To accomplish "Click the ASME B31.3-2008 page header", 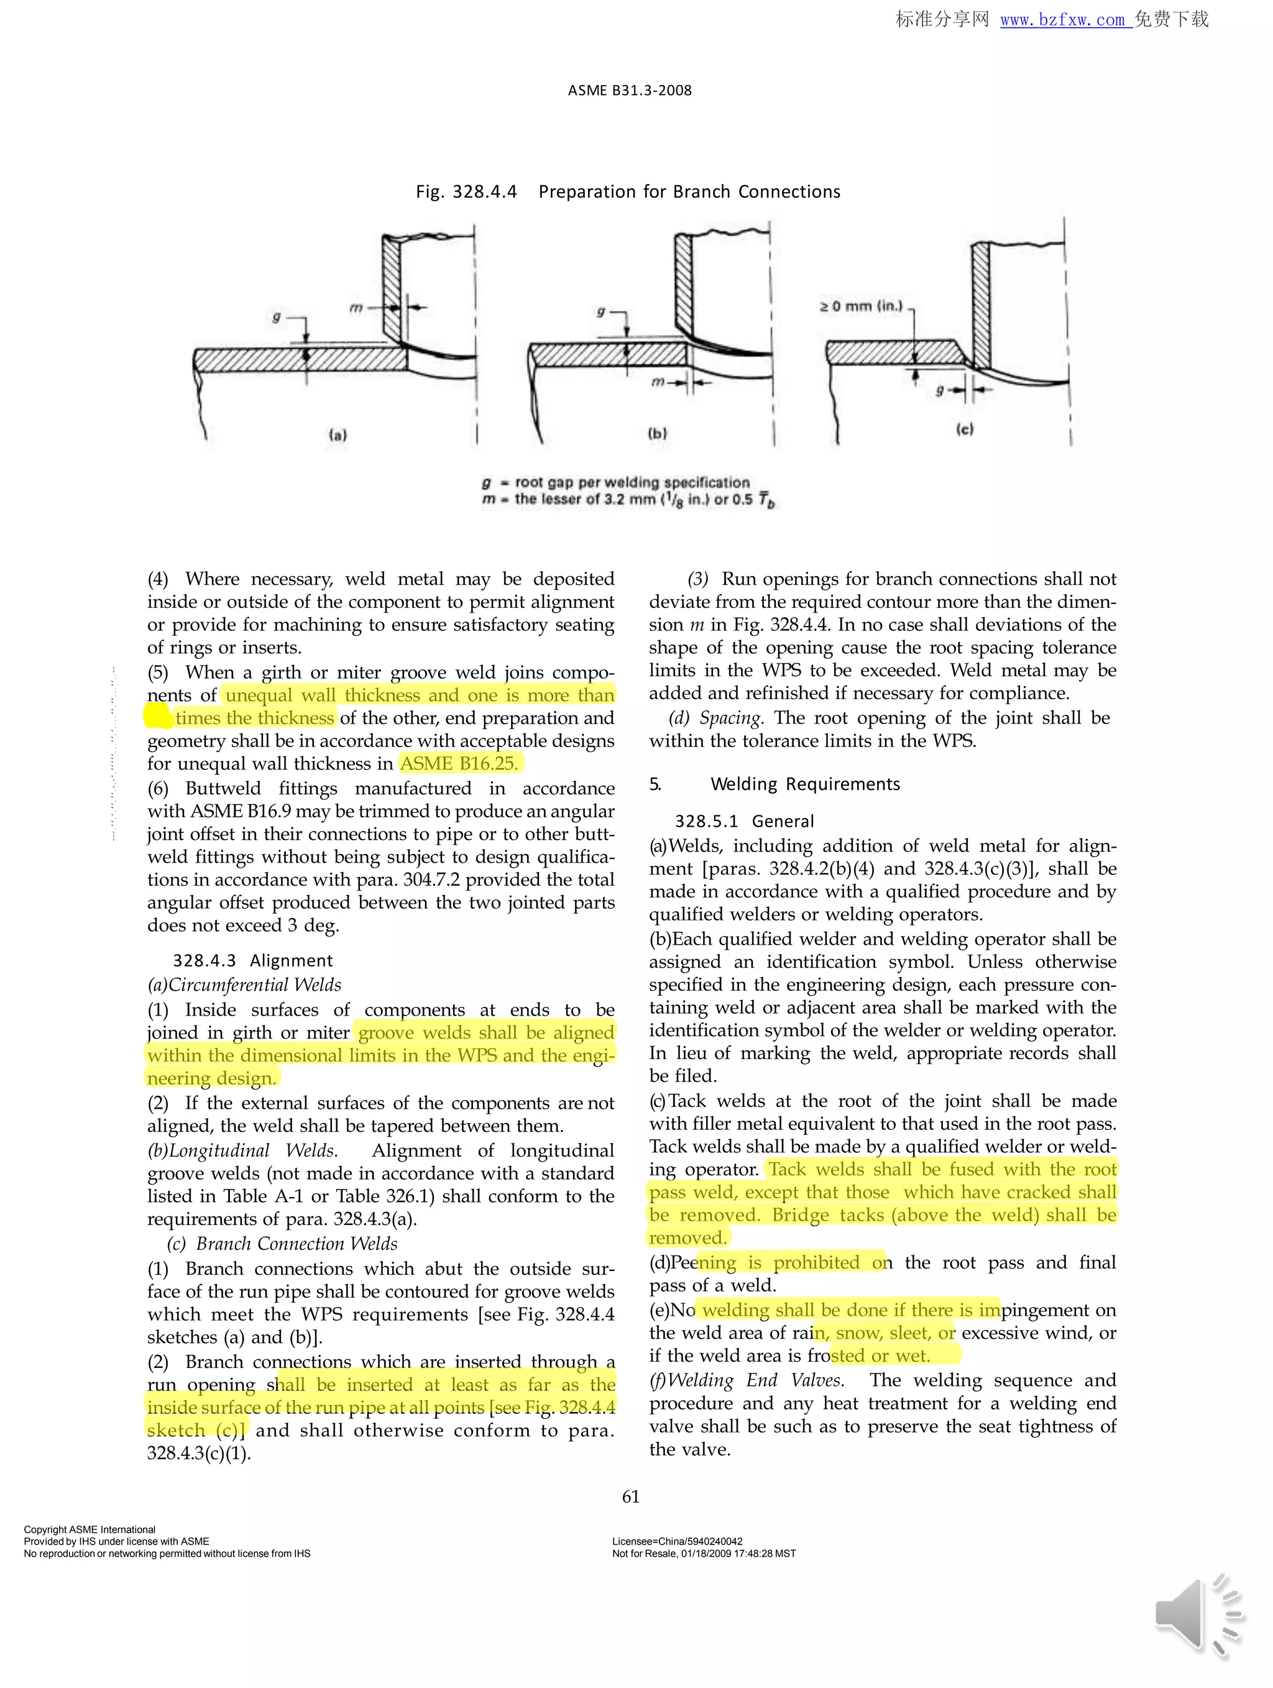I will pyautogui.click(x=630, y=90).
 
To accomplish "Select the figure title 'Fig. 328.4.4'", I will pyautogui.click(x=466, y=191).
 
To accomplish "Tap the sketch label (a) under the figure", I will pyautogui.click(x=338, y=435).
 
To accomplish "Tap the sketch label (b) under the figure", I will pyautogui.click(x=657, y=433).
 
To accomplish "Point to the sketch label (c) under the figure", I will pyautogui.click(x=965, y=429).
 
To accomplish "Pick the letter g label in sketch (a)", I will pyautogui.click(x=276, y=317).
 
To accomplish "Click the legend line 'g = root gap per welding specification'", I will pyautogui.click(x=616, y=482).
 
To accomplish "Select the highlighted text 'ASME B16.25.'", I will pyautogui.click(x=459, y=763).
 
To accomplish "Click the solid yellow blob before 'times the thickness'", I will pyautogui.click(x=157, y=716).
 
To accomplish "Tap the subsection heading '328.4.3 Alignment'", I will pyautogui.click(x=252, y=960).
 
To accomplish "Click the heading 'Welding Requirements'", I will pyautogui.click(x=805, y=784).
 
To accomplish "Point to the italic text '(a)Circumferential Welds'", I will pyautogui.click(x=244, y=984).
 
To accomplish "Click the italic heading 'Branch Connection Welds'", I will pyautogui.click(x=296, y=1243).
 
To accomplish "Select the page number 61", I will pyautogui.click(x=630, y=1497).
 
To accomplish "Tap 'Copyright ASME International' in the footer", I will pyautogui.click(x=90, y=1530).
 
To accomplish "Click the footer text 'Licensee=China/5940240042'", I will pyautogui.click(x=677, y=1541).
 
